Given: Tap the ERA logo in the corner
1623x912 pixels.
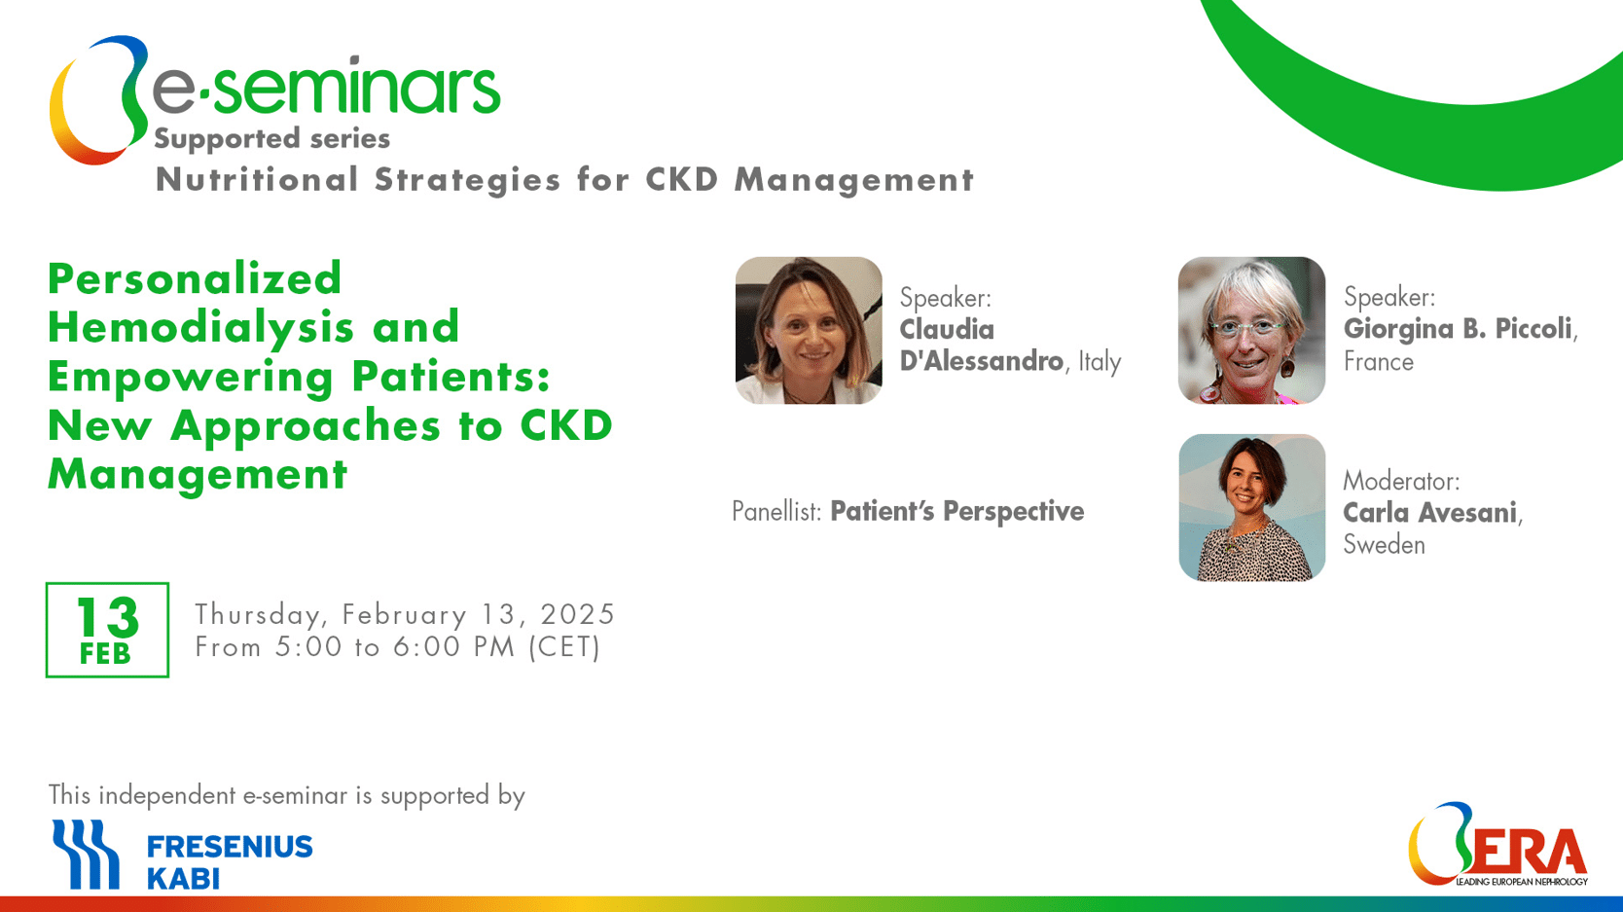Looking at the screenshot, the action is pos(1498,845).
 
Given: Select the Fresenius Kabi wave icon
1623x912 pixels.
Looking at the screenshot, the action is pos(86,854).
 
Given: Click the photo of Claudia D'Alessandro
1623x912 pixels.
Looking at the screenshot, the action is pos(809,330).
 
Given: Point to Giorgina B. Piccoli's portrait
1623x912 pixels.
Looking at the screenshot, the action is pos(1251,330).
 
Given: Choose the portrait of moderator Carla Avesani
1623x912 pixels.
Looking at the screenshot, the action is pos(1251,507).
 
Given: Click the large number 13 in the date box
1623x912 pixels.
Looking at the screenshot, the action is pos(107,617).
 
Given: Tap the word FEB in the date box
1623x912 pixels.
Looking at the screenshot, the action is pos(106,654).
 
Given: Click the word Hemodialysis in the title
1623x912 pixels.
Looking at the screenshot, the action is pos(201,327).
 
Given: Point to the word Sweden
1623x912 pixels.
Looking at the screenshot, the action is pos(1384,544).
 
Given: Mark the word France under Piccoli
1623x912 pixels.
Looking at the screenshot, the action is pos(1379,362).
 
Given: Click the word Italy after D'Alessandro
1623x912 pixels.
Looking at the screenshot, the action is pos(1100,362).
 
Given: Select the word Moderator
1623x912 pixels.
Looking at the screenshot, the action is pos(1401,482).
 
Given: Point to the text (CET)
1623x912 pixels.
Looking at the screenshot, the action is pos(564,647).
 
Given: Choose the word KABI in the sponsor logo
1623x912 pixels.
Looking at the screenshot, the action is pos(183,879).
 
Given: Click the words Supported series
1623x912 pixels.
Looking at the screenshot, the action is pos(272,139).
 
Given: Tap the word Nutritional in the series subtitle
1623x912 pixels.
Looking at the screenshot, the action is pos(257,180).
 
